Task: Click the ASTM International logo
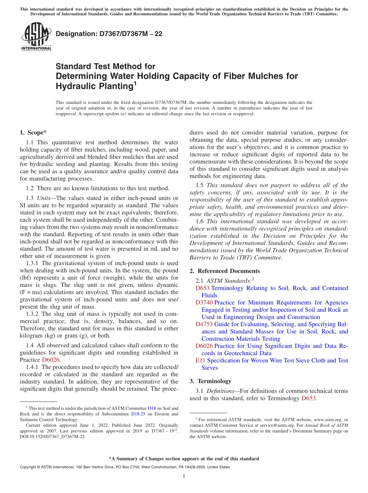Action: coord(36,37)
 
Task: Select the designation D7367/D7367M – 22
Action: coord(109,34)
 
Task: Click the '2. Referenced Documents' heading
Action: coord(225,271)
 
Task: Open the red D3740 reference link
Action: coord(204,302)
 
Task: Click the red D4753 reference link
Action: coord(204,324)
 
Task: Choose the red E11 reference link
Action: coord(201,360)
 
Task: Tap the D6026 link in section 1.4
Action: coord(51,360)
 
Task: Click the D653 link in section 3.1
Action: coord(309,398)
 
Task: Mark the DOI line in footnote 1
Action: coord(53,436)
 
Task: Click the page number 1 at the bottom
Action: coord(184,476)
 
